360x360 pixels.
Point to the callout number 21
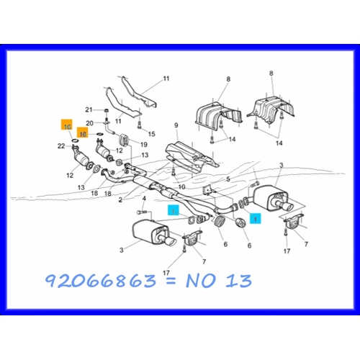click(x=89, y=109)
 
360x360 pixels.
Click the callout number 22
click(x=62, y=147)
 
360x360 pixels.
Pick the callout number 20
click(x=89, y=122)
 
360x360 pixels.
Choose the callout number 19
click(x=143, y=144)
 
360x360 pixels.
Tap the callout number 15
click(x=152, y=134)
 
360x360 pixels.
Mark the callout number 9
click(x=175, y=126)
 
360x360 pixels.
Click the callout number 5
click(x=228, y=178)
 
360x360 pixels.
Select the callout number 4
click(x=143, y=198)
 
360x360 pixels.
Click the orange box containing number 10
click(x=67, y=127)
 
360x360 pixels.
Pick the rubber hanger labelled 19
click(x=123, y=139)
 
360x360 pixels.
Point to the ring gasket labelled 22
click(x=76, y=145)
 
